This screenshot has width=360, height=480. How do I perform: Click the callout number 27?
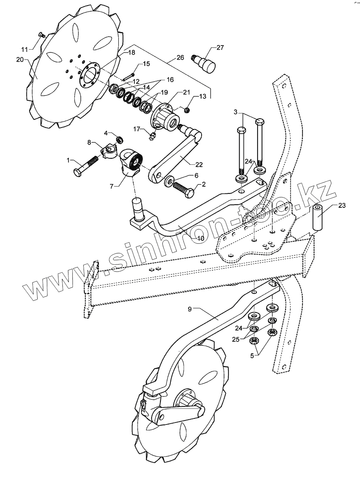coord(220,48)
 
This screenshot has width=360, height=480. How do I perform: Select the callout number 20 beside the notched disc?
coord(20,60)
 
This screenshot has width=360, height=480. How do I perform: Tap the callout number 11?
coord(24,50)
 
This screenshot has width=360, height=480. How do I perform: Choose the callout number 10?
coord(200,238)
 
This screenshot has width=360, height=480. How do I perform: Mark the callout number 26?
coord(180,58)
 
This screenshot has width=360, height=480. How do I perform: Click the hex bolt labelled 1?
coord(86,166)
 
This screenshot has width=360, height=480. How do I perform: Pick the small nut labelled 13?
coord(186,109)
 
